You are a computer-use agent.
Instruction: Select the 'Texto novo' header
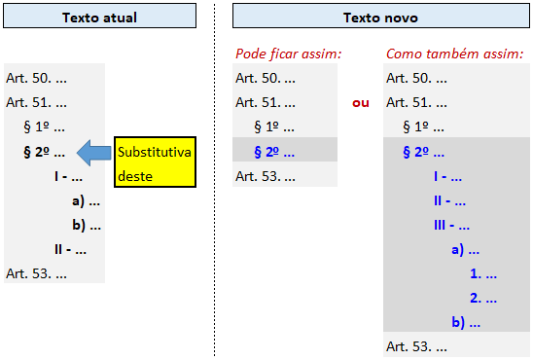380,18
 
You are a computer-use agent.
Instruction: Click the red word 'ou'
360,102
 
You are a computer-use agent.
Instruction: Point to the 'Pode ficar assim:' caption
288,53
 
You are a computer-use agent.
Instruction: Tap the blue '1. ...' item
482,273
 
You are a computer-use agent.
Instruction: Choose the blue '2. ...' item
482,298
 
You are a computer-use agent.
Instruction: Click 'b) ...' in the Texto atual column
86,225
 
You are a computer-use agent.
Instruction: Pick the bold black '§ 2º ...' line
44,152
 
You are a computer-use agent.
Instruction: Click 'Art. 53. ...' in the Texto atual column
36,272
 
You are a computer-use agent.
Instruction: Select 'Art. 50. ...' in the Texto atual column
36,78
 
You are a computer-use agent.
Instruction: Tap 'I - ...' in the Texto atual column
68,176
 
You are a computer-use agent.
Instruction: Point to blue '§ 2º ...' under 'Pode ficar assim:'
274,152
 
